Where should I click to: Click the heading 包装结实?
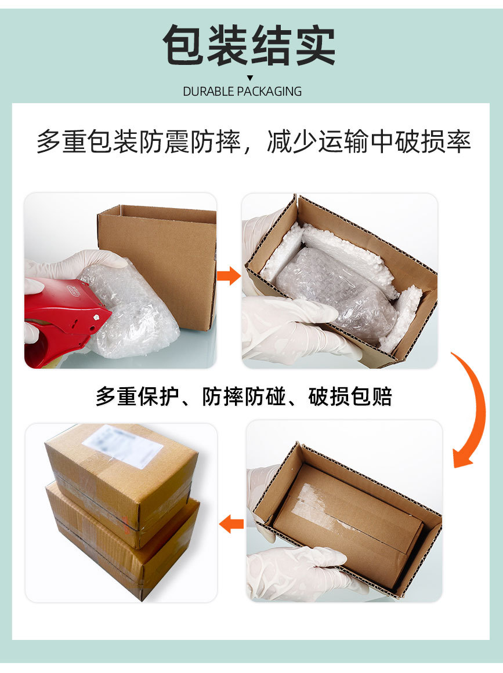coord(249,45)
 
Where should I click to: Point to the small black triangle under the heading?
coord(250,78)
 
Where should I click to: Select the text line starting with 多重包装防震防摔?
coord(253,141)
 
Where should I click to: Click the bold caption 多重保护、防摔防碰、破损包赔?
coord(244,397)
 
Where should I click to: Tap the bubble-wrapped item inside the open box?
coord(334,290)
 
